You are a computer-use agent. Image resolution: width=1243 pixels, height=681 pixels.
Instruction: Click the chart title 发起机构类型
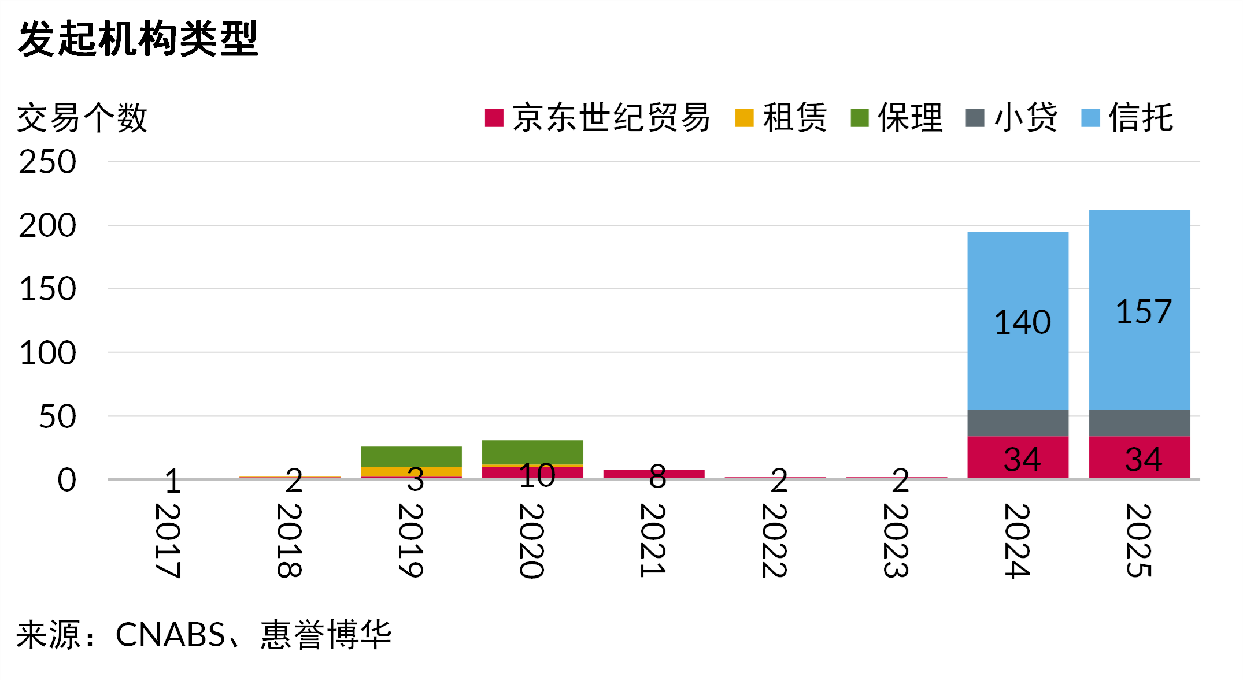[x=138, y=39]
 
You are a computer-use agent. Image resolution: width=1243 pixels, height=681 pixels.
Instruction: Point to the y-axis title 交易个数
[x=82, y=118]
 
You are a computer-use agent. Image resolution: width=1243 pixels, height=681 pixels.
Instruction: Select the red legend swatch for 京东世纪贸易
[x=494, y=118]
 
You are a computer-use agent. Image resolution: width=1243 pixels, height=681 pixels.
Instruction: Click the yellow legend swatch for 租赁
[x=744, y=118]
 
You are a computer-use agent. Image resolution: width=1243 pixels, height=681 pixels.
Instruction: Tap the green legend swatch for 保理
[x=860, y=118]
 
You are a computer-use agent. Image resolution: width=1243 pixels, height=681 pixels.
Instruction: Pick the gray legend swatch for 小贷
[x=975, y=118]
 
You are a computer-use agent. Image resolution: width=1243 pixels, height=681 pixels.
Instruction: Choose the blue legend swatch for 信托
[x=1090, y=118]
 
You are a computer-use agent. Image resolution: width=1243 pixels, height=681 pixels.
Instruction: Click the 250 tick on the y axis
[x=47, y=162]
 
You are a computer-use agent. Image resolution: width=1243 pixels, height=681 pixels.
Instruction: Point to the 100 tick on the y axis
[x=47, y=353]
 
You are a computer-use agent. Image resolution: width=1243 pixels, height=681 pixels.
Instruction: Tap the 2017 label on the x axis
[x=168, y=541]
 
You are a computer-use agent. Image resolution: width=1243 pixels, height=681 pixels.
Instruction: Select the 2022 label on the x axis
[x=775, y=541]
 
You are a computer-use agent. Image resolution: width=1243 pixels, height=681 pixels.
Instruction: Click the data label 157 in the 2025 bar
[x=1144, y=312]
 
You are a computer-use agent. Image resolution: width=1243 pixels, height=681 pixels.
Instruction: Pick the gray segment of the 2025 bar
[x=1139, y=423]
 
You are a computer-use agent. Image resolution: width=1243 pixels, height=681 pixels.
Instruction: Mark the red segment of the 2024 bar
[x=983, y=457]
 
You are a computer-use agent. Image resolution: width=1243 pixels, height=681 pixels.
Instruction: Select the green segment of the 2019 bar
[x=411, y=456]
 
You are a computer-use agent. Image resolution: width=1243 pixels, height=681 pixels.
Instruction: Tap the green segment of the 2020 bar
[x=532, y=452]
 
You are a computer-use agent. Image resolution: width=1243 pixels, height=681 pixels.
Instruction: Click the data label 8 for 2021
[x=657, y=477]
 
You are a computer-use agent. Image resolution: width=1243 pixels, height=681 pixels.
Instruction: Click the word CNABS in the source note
[x=170, y=635]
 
